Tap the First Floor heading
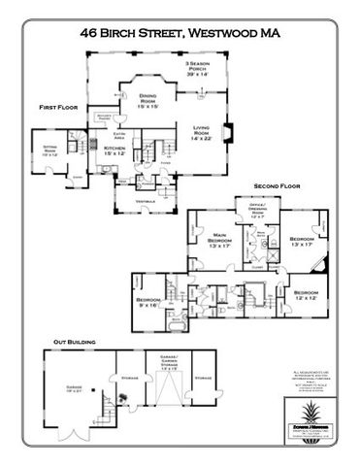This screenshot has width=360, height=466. [x=59, y=106]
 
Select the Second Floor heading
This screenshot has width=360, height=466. [x=275, y=184]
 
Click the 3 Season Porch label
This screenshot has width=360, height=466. [x=200, y=68]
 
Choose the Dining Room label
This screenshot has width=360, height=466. [x=147, y=100]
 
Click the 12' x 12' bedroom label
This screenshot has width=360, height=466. [x=307, y=294]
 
